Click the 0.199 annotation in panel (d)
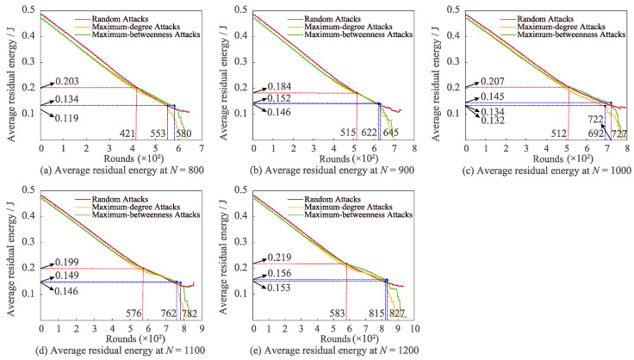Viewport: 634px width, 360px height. click(x=66, y=261)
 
